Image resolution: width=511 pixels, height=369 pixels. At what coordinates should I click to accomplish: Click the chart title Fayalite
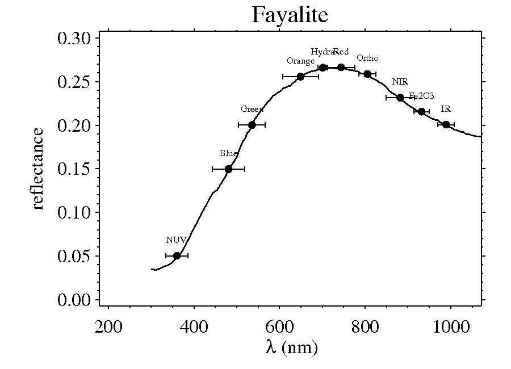(x=290, y=15)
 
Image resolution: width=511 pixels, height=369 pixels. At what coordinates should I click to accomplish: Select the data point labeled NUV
(x=177, y=255)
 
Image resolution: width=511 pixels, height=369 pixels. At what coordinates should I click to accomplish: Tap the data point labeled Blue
(x=228, y=169)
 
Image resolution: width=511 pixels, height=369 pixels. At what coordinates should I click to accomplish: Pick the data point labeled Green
(x=252, y=125)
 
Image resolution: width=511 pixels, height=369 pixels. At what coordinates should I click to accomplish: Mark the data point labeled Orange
(x=300, y=76)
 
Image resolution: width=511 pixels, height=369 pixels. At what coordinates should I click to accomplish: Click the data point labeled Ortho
(x=367, y=74)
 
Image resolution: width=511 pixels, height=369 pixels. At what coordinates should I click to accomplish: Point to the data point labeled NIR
(x=400, y=98)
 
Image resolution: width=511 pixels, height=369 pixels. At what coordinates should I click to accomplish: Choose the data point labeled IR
(x=446, y=124)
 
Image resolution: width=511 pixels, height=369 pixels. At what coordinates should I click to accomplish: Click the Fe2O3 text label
(x=421, y=96)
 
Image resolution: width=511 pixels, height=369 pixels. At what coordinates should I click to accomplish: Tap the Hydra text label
(x=322, y=52)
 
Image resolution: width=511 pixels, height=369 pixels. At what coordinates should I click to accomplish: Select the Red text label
(x=341, y=52)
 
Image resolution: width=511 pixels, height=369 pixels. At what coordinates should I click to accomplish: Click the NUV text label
(x=176, y=240)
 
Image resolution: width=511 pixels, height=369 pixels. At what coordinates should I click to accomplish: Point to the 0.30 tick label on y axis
(x=75, y=39)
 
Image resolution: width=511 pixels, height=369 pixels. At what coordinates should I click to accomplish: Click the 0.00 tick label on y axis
(x=75, y=300)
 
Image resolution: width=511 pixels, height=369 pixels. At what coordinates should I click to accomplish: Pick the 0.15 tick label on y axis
(x=75, y=169)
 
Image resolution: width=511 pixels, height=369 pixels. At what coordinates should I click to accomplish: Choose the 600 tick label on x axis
(x=279, y=328)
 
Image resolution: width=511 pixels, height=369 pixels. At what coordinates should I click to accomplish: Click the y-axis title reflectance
(x=37, y=169)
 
